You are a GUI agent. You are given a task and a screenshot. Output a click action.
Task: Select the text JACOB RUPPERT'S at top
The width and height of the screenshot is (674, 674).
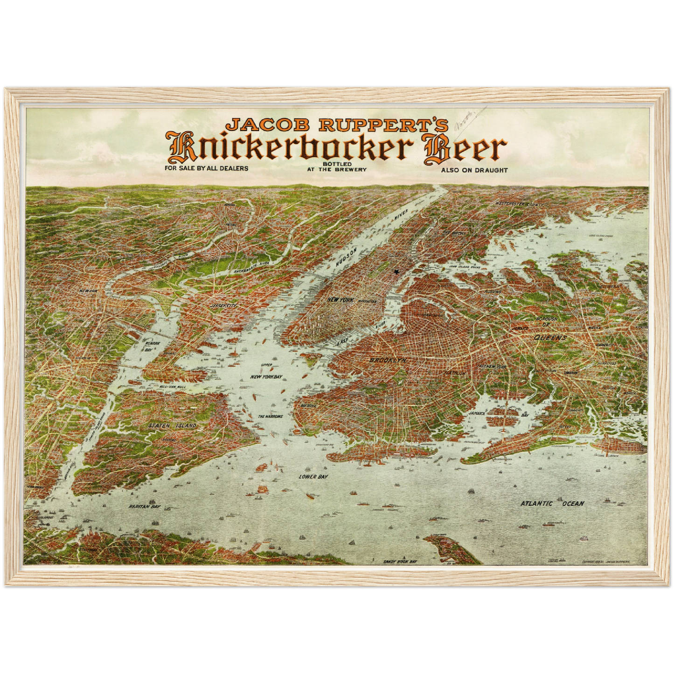[x=337, y=125]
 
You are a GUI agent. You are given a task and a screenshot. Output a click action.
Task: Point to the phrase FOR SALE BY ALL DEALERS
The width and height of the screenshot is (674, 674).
[x=207, y=168]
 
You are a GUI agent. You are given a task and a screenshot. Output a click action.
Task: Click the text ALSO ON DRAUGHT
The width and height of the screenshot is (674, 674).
[x=474, y=170]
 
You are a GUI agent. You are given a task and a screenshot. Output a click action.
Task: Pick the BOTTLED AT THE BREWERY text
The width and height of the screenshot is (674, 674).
[x=337, y=167]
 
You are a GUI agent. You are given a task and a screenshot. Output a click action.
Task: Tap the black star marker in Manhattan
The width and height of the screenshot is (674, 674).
[x=397, y=272]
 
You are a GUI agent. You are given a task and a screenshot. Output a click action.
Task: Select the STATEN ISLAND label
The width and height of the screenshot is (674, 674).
[x=173, y=426]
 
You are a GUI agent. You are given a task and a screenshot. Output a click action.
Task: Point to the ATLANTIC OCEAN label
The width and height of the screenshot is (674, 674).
[x=552, y=503]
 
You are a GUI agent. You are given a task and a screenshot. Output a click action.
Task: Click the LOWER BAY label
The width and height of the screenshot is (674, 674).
[x=313, y=477]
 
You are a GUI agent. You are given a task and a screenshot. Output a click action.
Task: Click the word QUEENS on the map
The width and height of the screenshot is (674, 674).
[x=550, y=337]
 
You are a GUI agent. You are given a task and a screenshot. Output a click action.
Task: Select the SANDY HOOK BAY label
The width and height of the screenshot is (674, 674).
[x=400, y=562]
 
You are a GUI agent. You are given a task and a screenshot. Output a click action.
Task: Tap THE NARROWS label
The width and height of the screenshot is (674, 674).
[x=271, y=416]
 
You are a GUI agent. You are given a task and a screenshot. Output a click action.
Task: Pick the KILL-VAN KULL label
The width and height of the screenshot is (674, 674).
[x=173, y=387]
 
